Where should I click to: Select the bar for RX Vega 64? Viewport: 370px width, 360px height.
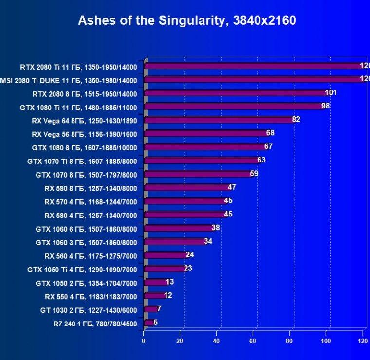point(219,120)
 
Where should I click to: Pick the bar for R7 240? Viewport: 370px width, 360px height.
point(148,322)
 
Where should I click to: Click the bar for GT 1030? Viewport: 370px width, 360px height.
point(150,309)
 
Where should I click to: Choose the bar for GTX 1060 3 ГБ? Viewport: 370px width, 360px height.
point(175,241)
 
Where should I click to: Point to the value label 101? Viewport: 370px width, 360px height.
point(331,92)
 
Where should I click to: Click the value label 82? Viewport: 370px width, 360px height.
point(296,119)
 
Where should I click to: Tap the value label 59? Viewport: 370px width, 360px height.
point(254,173)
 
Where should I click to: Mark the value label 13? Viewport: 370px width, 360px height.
point(169,282)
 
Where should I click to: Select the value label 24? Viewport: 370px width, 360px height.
point(190,254)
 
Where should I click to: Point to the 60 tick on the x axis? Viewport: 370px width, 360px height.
point(253,341)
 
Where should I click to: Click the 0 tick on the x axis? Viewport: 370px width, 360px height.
point(144,341)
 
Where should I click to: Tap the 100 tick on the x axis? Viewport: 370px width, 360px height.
point(326,341)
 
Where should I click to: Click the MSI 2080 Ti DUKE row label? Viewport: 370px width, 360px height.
point(69,81)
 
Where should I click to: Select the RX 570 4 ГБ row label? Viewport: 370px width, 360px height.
point(91,202)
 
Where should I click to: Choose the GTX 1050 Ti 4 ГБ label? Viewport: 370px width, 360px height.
point(82,270)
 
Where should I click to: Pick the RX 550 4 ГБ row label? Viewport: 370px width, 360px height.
point(91,297)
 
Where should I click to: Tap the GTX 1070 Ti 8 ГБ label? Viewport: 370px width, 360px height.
point(82,162)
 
